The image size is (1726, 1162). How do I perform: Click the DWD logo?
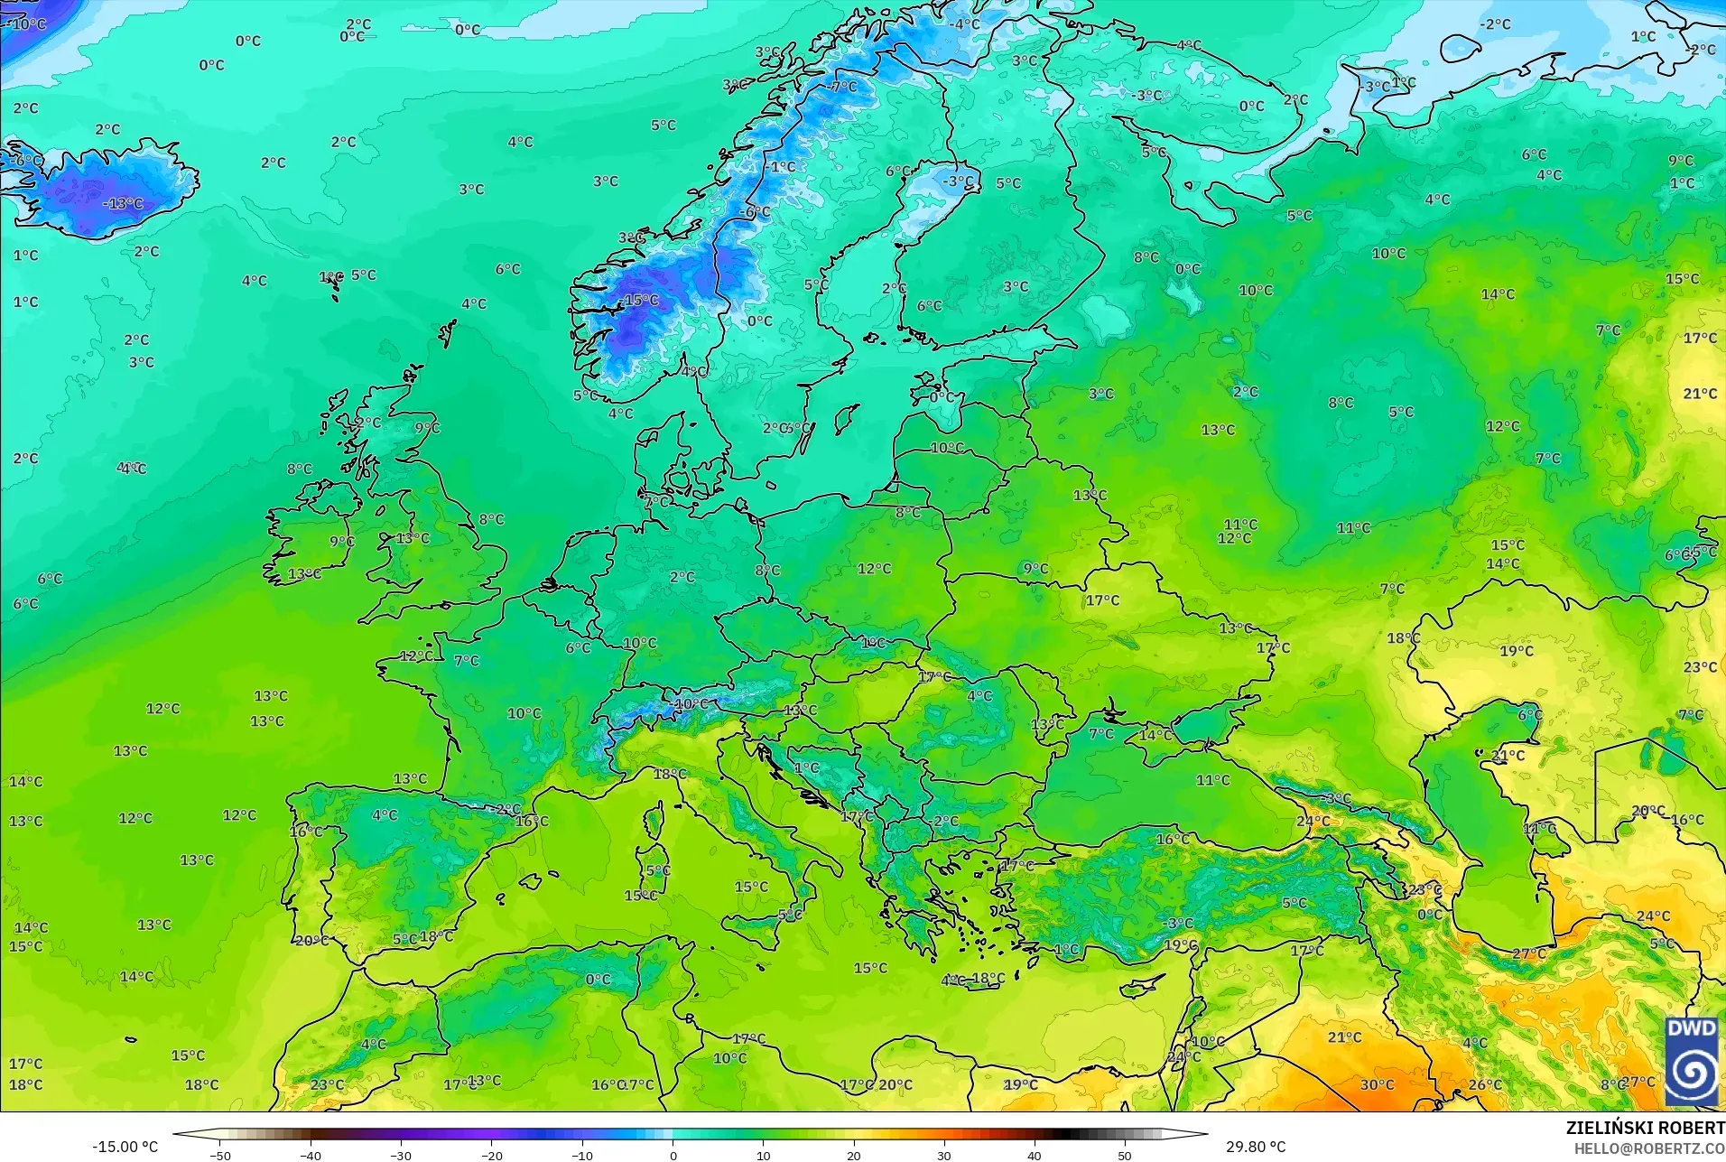pos(1691,1061)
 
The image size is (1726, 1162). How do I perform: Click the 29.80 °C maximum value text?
pos(1255,1147)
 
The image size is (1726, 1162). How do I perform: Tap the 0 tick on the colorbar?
pos(673,1155)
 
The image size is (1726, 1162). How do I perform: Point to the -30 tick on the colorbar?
pos(401,1155)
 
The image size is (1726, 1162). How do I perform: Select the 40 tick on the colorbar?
pos(1035,1155)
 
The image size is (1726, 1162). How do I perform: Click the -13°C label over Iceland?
pos(123,204)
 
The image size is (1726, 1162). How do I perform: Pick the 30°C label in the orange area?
pos(1377,1084)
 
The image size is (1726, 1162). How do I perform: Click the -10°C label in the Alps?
pos(691,703)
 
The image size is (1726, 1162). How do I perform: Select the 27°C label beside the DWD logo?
pos(1638,1082)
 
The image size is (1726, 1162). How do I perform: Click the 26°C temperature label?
pos(1485,1084)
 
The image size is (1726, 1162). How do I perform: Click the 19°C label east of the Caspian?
pos(1517,651)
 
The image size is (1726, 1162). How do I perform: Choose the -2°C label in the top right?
pos(1495,24)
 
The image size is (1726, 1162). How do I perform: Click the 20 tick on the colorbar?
pos(854,1155)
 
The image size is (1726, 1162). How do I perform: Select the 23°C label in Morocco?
pos(327,1084)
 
